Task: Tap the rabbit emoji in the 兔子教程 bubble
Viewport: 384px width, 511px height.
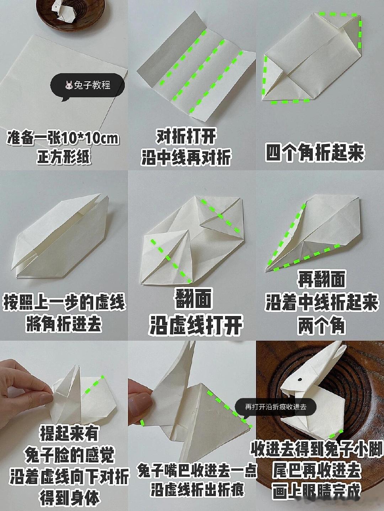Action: pos(69,86)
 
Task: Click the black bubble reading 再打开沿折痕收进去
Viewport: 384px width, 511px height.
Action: pos(276,407)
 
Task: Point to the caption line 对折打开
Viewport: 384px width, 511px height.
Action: pos(186,136)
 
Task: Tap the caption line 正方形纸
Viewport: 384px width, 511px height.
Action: pos(63,157)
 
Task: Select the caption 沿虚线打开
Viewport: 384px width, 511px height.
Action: pos(196,324)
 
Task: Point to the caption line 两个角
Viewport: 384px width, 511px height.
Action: pos(321,325)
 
